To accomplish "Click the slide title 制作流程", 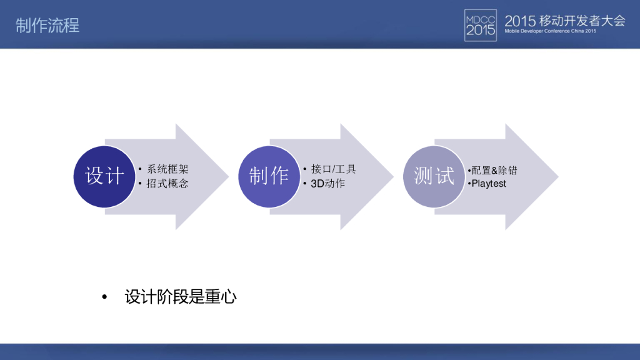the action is click(47, 25).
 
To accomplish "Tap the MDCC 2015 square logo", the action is click(481, 25).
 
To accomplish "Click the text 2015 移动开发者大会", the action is click(564, 19).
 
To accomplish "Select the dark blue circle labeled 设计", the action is click(104, 176).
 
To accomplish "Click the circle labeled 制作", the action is click(269, 176).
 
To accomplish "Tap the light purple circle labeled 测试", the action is click(434, 176).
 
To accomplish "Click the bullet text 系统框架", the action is click(167, 169).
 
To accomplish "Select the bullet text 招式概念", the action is click(167, 184).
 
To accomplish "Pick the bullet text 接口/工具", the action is click(333, 169).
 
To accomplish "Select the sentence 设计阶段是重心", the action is click(181, 297).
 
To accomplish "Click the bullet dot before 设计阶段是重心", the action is click(105, 297).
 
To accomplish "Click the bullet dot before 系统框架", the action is click(141, 169).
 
